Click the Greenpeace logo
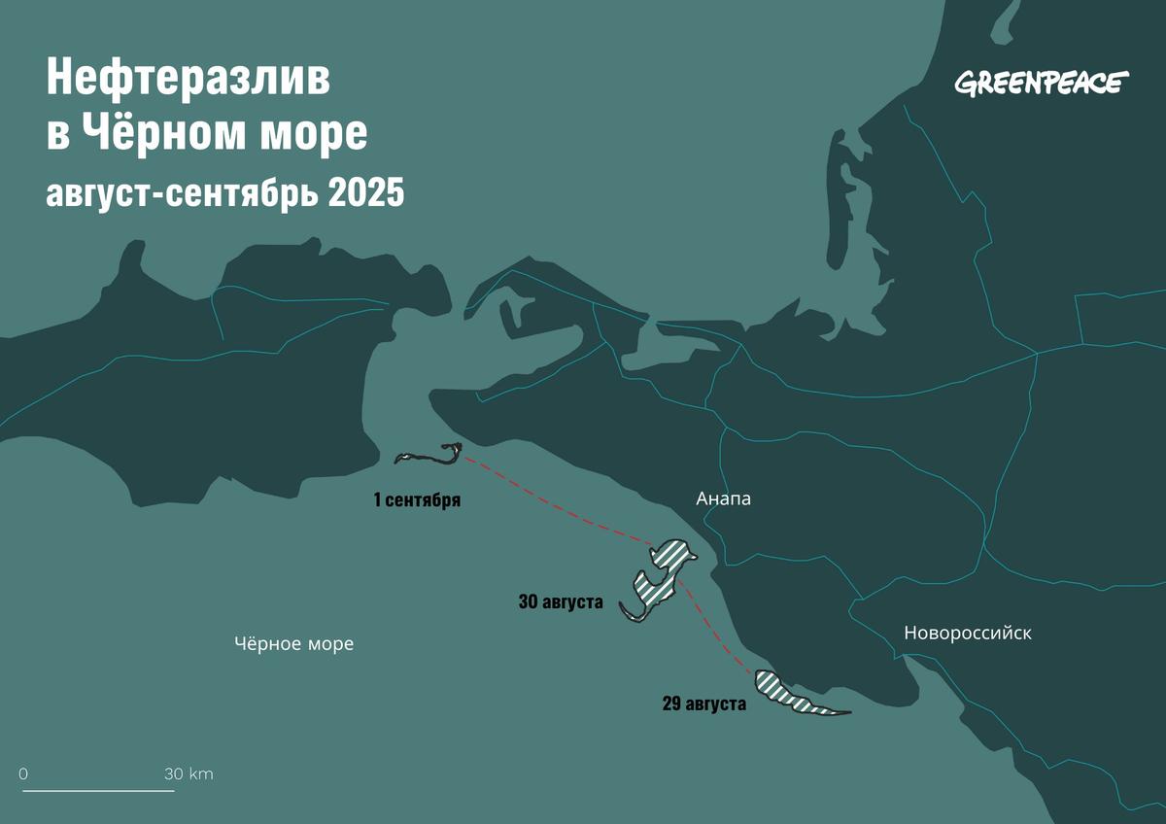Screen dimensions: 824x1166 pos(1041,84)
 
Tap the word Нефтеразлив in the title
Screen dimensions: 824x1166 pos(189,81)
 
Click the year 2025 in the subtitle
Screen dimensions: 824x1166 pos(365,192)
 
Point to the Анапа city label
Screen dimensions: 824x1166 pos(724,499)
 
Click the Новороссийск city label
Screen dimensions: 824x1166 pos(967,634)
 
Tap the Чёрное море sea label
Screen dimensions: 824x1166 pos(293,644)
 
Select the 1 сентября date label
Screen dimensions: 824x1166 pos(416,501)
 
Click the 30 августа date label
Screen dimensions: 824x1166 pos(561,602)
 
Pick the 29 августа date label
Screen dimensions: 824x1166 pos(703,704)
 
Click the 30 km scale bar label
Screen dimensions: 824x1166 pos(189,774)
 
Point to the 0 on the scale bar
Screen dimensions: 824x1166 pos(23,774)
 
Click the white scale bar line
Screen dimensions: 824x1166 pos(98,790)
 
